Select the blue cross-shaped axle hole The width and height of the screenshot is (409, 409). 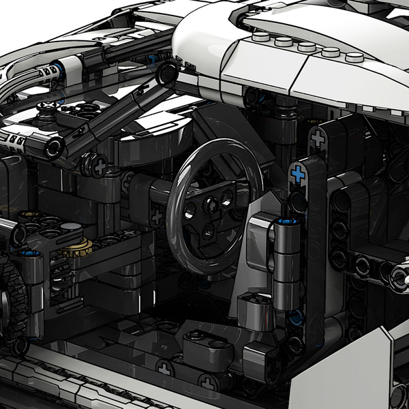click(x=298, y=174)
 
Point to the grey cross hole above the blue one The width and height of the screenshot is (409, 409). click(x=316, y=138)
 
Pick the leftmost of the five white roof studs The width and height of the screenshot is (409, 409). click(x=262, y=38)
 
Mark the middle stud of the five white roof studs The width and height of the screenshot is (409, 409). click(x=307, y=46)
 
